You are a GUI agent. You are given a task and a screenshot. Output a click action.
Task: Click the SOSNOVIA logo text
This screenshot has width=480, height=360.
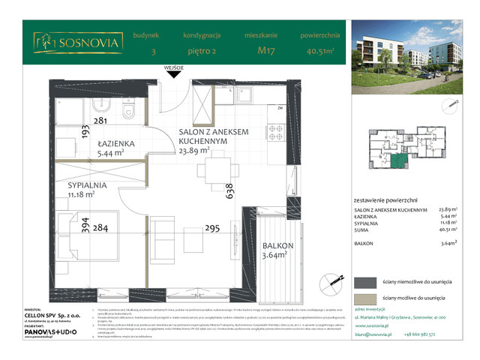click(x=82, y=43)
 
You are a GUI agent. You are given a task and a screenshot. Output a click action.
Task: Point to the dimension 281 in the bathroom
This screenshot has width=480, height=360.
click(x=101, y=119)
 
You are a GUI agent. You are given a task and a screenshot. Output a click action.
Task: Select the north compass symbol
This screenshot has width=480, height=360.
click(x=326, y=283)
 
